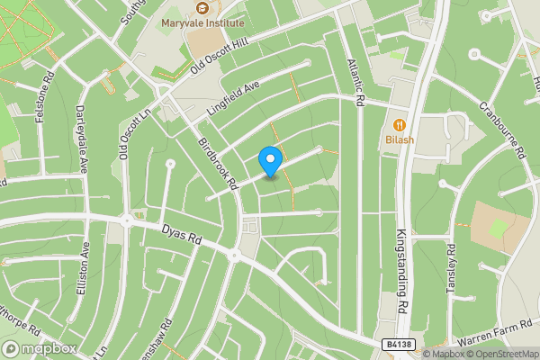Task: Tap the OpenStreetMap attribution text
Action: click(502, 354)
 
